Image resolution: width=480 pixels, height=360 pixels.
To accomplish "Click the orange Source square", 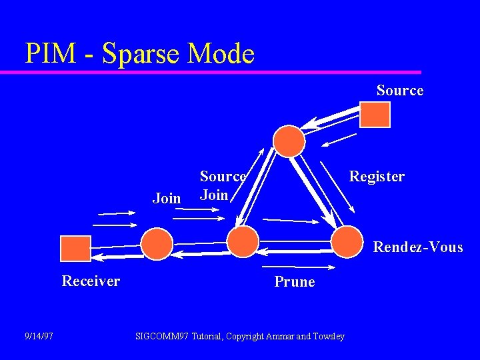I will click(x=375, y=114).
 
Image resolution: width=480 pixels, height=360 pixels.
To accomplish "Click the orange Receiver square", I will click(x=75, y=248).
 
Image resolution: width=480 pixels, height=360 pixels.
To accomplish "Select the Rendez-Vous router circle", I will click(x=347, y=241).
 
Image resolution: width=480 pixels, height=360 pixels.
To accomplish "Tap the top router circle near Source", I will click(x=289, y=141).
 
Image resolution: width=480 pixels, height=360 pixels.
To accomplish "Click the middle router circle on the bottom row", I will click(x=243, y=241).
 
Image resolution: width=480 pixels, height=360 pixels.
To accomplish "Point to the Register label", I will click(x=377, y=177).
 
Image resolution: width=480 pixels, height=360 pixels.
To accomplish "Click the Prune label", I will click(x=294, y=282).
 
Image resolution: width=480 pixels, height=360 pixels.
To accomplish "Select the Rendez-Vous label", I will click(x=417, y=247).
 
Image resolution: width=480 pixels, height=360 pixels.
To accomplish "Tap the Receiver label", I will click(x=91, y=281).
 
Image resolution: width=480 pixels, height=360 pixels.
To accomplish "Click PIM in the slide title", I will click(x=51, y=53).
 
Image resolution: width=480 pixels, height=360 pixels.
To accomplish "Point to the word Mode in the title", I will click(x=221, y=53).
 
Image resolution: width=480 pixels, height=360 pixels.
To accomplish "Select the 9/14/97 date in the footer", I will click(x=39, y=336).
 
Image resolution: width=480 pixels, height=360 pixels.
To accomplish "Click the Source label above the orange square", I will click(x=399, y=91).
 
